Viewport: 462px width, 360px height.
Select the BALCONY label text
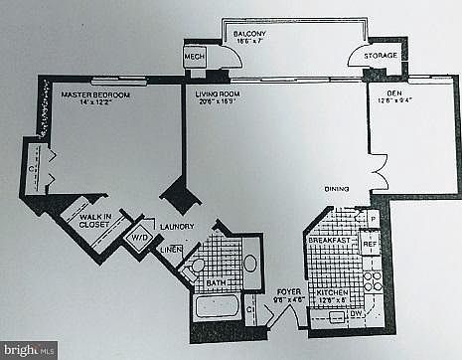(x=249, y=35)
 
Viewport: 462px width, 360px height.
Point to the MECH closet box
(x=194, y=58)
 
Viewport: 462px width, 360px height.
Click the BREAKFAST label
(x=329, y=240)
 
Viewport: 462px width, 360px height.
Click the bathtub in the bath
(x=217, y=304)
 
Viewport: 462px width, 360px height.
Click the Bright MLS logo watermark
(x=29, y=349)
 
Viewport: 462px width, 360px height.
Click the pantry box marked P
(x=371, y=218)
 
